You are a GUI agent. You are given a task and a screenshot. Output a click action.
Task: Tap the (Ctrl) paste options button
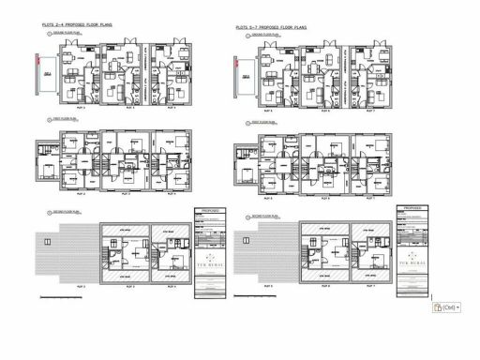click(x=446, y=307)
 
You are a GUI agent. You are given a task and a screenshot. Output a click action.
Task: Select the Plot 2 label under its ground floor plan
click(x=82, y=109)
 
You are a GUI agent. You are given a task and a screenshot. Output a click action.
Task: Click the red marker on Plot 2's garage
click(x=36, y=61)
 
